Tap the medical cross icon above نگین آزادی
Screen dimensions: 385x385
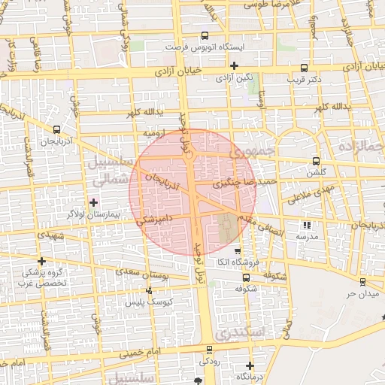tap(235, 65)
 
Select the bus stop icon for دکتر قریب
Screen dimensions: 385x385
tap(304, 66)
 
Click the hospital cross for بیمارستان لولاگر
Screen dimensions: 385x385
tap(93, 202)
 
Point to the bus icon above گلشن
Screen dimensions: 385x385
tap(315, 161)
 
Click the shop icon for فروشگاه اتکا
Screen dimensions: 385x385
tap(238, 251)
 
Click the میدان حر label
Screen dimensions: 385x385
tap(360, 293)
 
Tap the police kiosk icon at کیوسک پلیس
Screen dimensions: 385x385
tap(149, 290)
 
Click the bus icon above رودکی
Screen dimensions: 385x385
tap(209, 349)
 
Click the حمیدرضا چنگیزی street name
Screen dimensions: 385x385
tap(246, 182)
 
